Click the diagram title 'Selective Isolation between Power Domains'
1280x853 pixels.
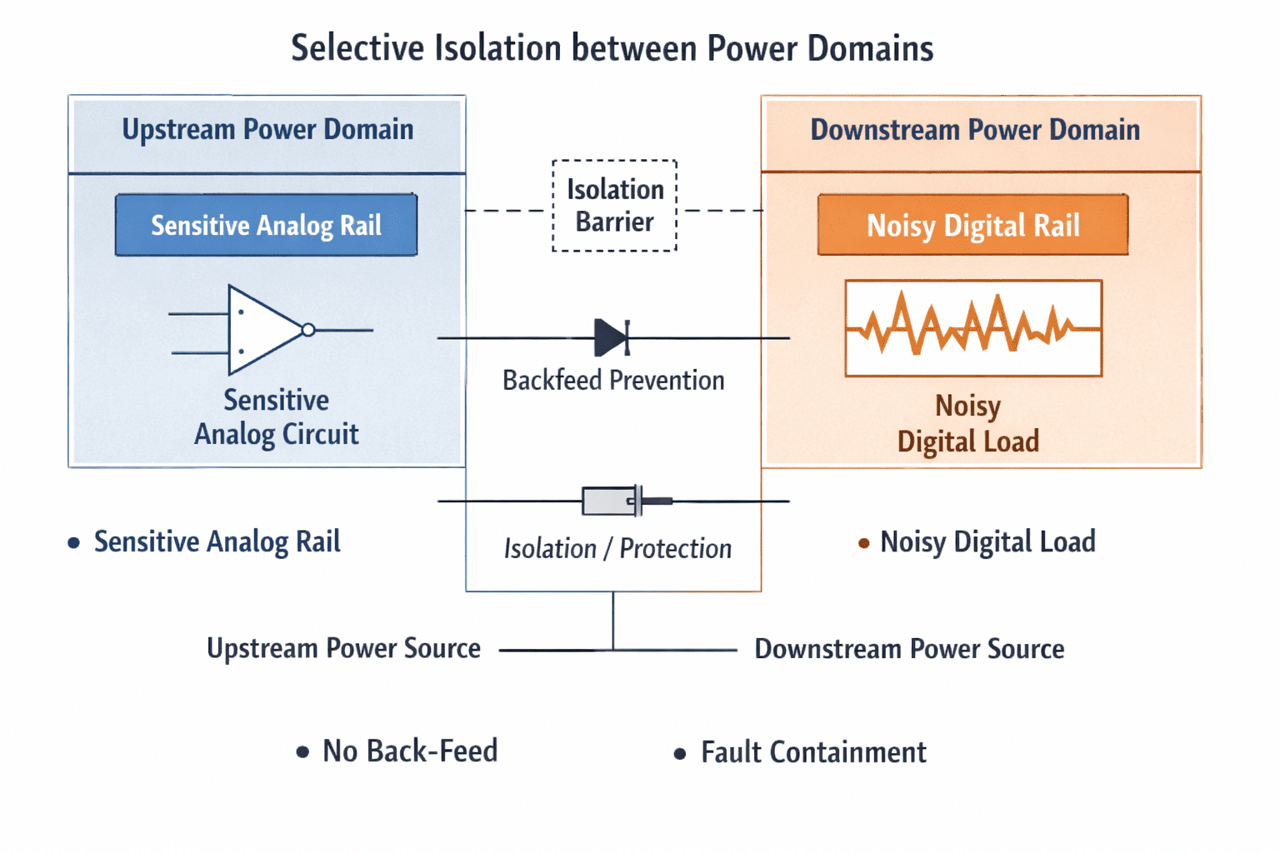tap(612, 48)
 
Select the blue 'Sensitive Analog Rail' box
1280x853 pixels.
tap(267, 225)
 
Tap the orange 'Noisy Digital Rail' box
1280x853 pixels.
tap(973, 225)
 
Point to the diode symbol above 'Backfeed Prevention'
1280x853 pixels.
tap(612, 337)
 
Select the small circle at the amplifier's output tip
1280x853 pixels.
tap(308, 330)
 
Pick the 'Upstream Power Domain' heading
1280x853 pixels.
tap(267, 129)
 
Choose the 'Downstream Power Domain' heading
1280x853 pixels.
tap(975, 130)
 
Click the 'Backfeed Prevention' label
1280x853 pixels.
tap(613, 381)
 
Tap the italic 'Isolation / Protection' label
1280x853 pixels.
tap(617, 548)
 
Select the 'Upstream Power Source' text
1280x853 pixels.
tap(343, 648)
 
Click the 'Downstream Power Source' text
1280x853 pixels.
tap(909, 649)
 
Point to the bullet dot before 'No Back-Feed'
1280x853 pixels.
tap(302, 752)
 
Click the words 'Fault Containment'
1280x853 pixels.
tap(813, 752)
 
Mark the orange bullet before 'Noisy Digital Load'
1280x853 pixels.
tap(864, 543)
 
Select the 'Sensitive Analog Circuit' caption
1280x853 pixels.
tap(277, 417)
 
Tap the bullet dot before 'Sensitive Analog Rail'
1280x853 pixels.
tap(73, 543)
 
